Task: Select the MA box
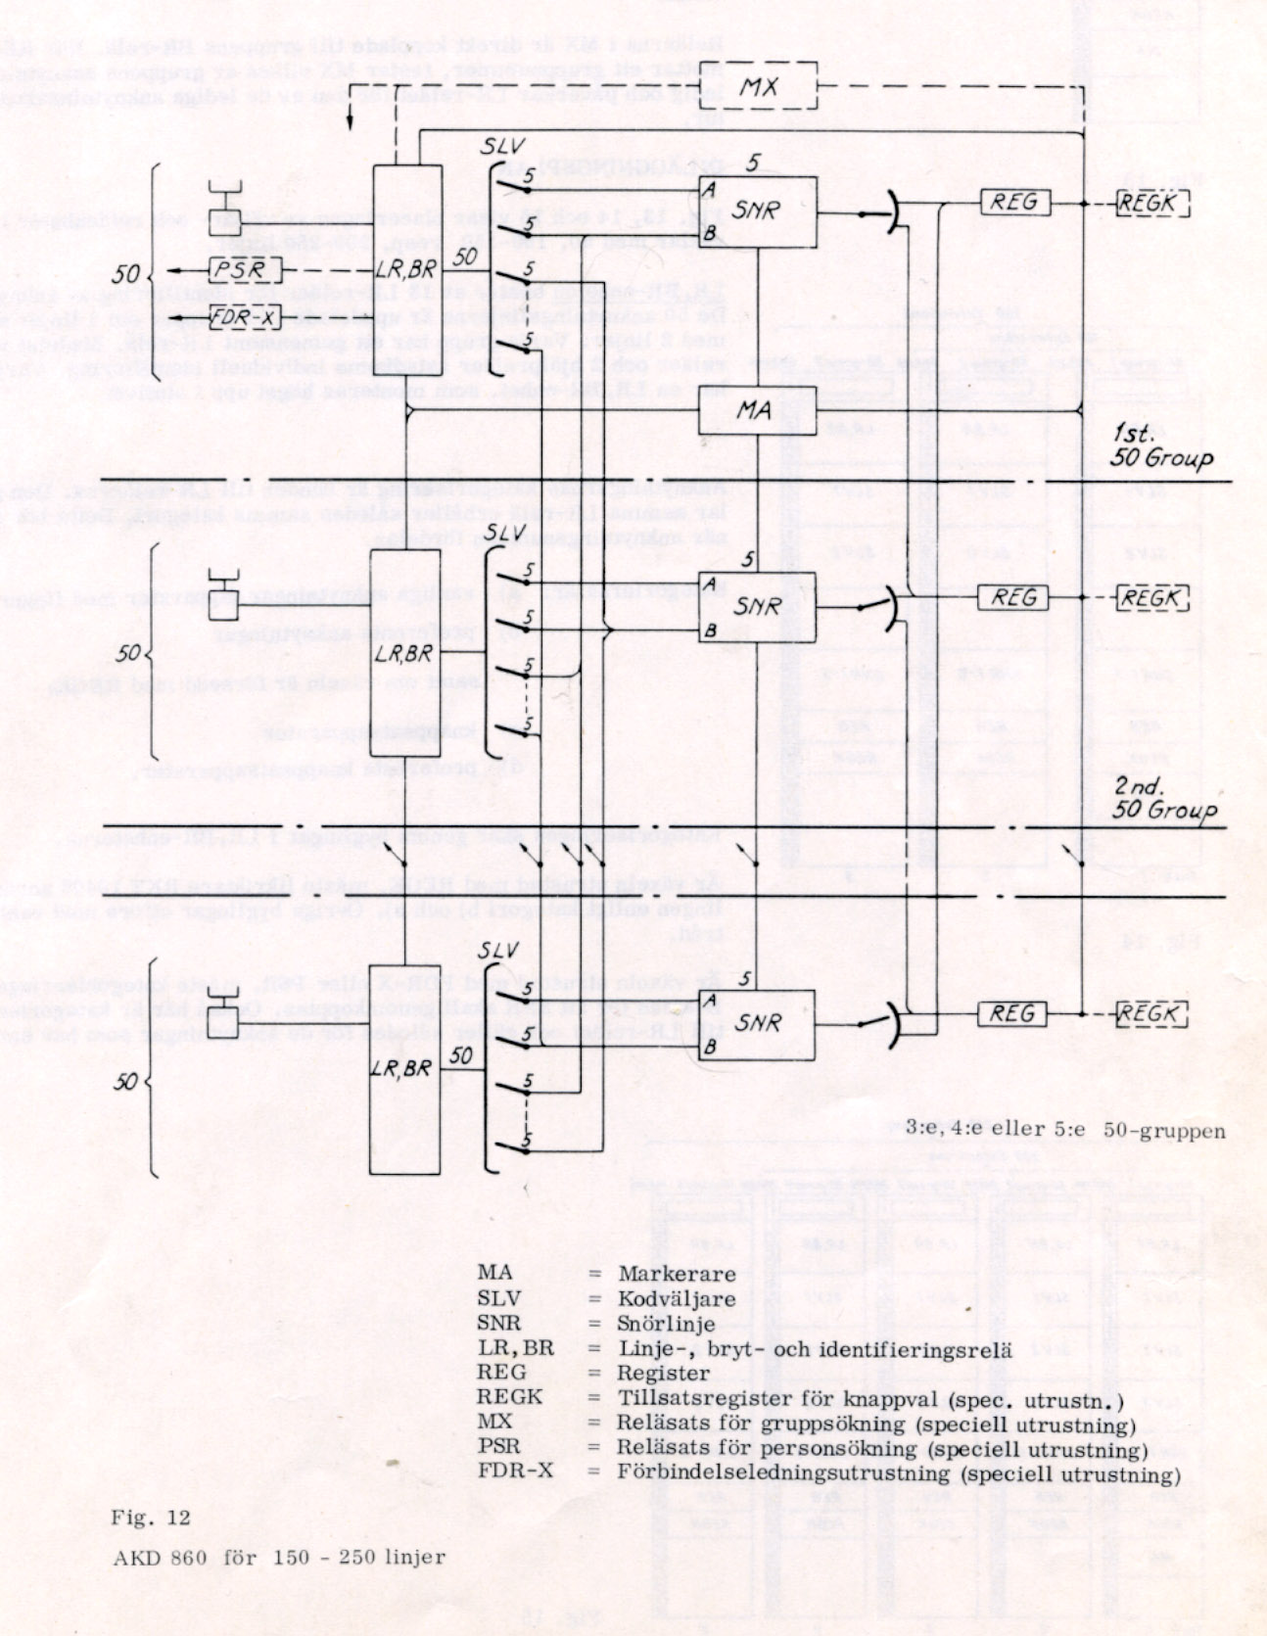coord(756,409)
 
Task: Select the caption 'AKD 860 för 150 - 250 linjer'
coord(279,1557)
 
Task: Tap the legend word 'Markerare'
coord(676,1274)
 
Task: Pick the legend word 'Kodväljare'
coord(676,1299)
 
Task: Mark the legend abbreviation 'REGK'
coord(509,1397)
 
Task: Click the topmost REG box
coord(1014,203)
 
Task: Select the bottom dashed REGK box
coord(1151,1014)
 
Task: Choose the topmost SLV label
coord(505,147)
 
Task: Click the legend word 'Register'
coord(663,1373)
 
